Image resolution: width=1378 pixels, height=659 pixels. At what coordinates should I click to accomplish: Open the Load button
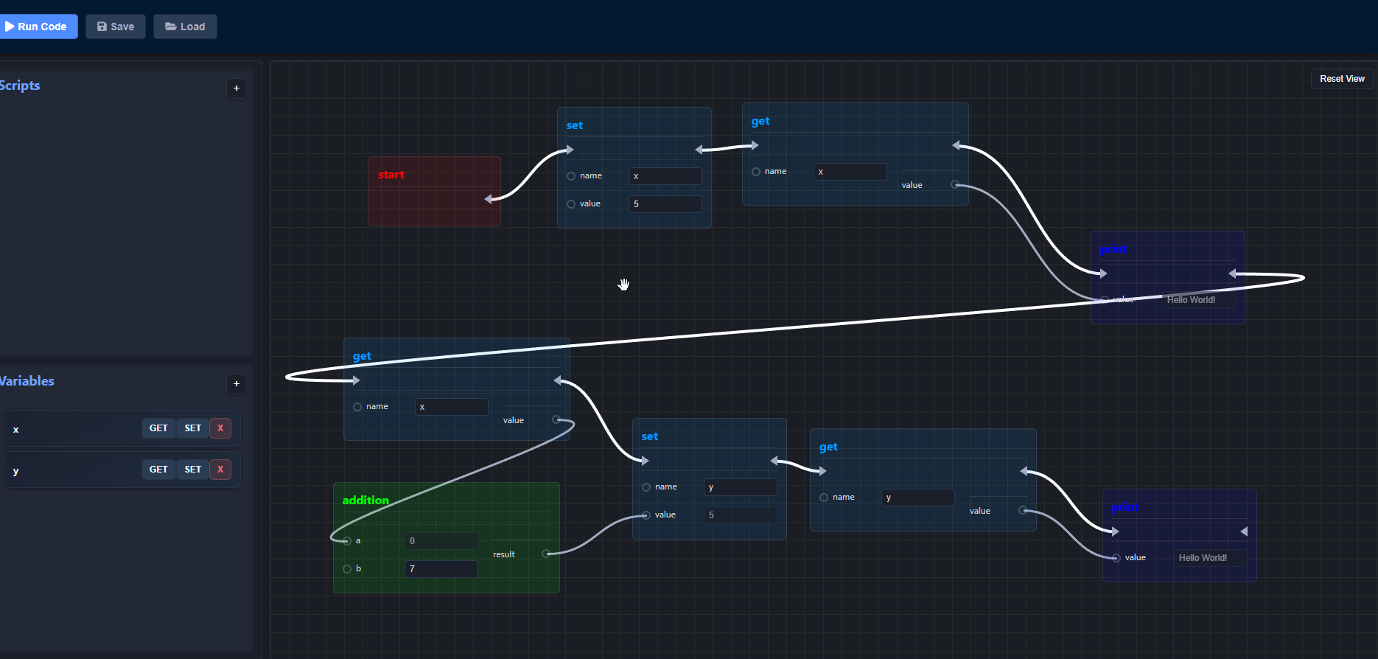(185, 27)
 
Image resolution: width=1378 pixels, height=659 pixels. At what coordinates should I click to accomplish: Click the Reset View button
(1341, 79)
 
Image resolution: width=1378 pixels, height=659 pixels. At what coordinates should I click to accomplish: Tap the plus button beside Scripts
(237, 88)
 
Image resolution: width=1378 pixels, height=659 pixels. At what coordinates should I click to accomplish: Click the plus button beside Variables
(237, 384)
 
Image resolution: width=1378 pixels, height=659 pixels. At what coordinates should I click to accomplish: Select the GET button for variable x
(158, 428)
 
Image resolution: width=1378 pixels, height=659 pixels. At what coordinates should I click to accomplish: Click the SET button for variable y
(193, 470)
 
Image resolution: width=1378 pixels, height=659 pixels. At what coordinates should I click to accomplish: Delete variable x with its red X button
(220, 428)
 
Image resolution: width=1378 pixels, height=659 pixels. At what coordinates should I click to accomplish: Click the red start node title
(391, 175)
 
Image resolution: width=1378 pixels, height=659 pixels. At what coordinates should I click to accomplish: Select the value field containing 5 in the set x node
(665, 204)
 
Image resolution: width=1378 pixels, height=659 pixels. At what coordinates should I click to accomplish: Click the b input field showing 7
(441, 569)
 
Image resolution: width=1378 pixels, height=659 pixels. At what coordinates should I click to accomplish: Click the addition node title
(366, 501)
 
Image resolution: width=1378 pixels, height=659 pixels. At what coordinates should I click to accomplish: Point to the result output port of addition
(546, 554)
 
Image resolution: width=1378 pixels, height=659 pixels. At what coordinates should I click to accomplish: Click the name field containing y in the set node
(740, 487)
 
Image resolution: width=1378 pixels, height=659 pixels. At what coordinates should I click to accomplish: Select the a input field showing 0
(441, 541)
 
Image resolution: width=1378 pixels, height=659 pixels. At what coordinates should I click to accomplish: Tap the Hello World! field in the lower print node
(1209, 558)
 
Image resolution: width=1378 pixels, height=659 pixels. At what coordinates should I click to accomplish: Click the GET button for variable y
(158, 470)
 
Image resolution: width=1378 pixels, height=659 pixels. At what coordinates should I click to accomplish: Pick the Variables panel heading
(27, 381)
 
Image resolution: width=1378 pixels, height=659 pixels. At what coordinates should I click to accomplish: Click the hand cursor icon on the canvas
(624, 285)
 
